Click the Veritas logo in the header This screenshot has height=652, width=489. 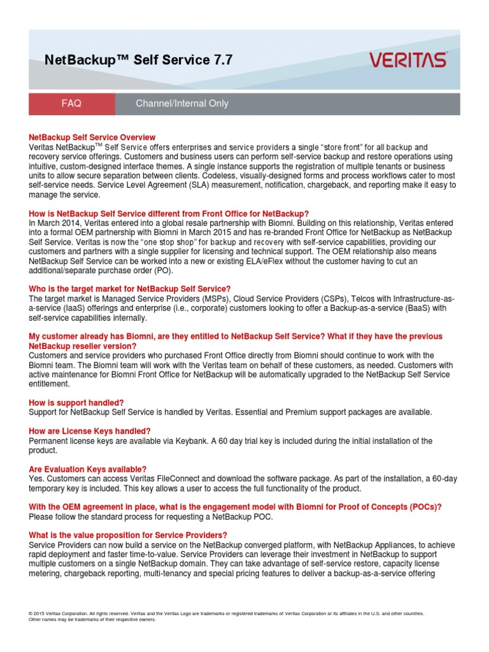(408, 60)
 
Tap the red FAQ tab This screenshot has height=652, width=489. (71, 103)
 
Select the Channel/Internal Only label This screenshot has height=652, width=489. (181, 103)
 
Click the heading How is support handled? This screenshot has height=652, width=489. (76, 402)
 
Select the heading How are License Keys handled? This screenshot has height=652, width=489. (90, 431)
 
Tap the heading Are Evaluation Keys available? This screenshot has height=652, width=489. (88, 469)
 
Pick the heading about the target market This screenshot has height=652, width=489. (130, 289)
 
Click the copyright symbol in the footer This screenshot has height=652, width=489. (31, 613)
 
